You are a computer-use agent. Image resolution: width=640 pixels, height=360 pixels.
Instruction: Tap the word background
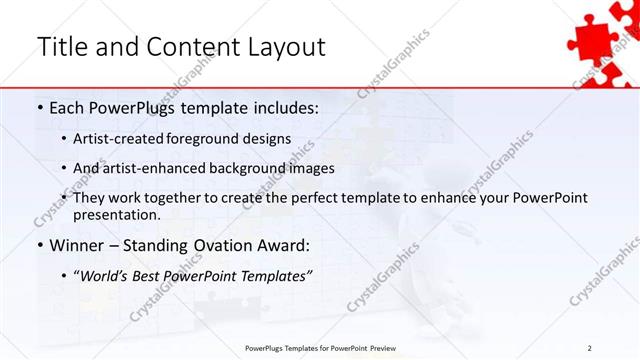[263, 168]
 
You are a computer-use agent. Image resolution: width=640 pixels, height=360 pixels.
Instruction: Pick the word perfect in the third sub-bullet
[322, 198]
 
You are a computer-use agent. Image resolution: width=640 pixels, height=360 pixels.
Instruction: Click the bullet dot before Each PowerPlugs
[39, 106]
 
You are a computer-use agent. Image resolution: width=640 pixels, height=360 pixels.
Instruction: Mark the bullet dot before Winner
[39, 243]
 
